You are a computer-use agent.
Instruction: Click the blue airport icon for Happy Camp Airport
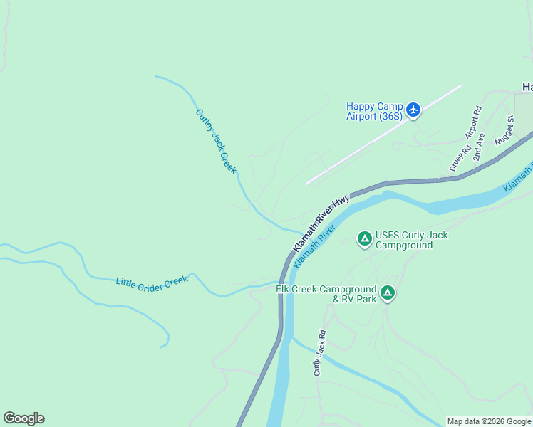(x=413, y=110)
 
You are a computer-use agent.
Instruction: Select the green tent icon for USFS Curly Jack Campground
(x=364, y=238)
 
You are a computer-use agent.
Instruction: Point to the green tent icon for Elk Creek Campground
(x=387, y=292)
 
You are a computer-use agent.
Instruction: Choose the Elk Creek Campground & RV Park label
(x=326, y=294)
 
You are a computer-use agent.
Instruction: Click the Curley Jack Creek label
(x=216, y=141)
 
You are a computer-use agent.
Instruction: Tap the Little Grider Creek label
(x=152, y=282)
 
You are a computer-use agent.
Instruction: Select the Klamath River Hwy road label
(x=321, y=221)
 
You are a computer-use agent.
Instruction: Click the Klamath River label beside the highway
(x=314, y=246)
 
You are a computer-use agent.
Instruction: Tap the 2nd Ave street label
(x=478, y=146)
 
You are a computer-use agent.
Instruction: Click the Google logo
(x=24, y=418)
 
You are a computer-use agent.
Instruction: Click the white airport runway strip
(x=383, y=135)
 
